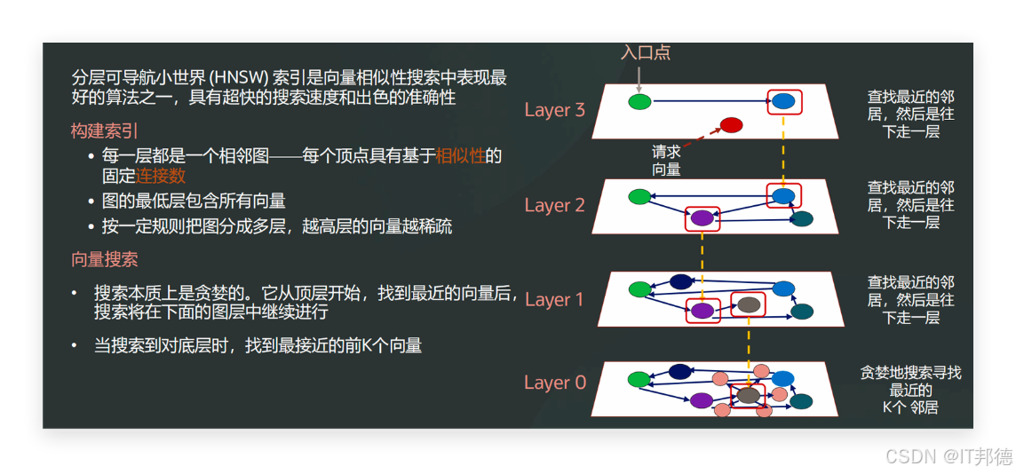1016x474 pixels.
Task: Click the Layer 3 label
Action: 554,110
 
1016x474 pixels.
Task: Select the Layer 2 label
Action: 554,205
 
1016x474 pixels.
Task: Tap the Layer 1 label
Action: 554,300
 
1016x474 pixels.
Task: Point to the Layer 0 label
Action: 554,383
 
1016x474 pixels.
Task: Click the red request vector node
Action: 731,125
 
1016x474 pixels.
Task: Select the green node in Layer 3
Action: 639,101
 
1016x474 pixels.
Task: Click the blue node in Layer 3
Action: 782,101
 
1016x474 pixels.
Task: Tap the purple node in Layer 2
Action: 702,217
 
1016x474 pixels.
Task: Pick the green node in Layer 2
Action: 639,196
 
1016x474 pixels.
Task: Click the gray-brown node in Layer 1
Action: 749,305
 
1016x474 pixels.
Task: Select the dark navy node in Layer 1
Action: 680,282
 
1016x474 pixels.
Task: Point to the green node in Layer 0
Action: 639,380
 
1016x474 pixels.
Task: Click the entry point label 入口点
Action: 645,52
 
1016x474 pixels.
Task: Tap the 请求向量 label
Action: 666,160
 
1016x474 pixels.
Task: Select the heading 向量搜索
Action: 104,259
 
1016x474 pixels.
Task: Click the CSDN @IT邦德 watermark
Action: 948,455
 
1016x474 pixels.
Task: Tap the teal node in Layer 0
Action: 801,401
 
